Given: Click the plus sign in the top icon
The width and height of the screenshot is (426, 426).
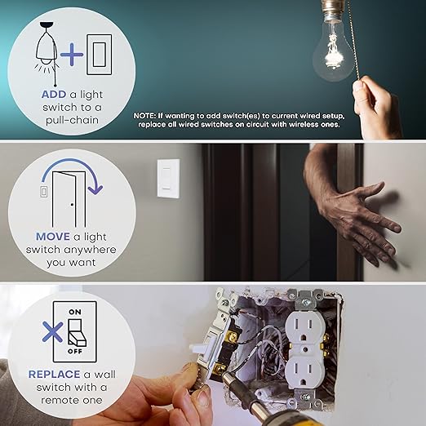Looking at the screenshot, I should tap(73, 55).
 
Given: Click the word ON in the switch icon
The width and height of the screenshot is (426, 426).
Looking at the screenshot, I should tap(74, 312).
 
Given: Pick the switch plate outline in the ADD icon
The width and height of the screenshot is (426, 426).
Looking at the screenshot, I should tap(99, 53).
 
